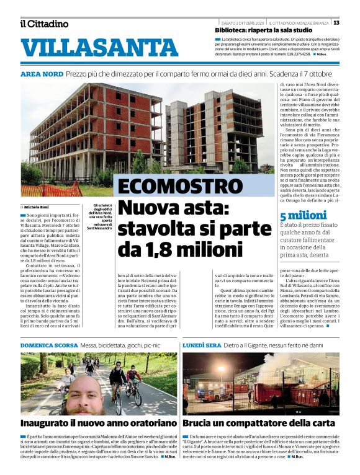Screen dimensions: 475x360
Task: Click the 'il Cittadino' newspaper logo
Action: pos(44,24)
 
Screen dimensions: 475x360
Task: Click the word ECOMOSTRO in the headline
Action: pos(177,187)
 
